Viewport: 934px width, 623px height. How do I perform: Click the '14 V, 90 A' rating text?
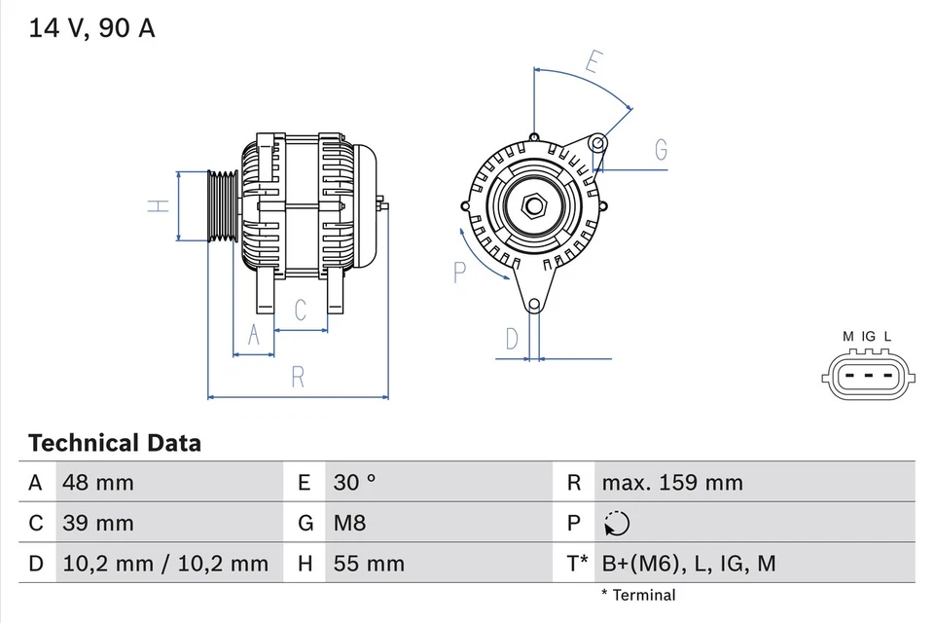point(91,28)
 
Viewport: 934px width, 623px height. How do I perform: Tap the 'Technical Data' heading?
point(115,443)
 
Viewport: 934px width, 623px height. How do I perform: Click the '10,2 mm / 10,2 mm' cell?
point(164,563)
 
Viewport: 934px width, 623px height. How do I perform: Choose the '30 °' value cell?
point(355,482)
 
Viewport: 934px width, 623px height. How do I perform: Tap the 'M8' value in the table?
point(350,523)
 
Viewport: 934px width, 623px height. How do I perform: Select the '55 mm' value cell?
point(369,563)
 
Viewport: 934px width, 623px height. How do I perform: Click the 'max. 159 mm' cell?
point(672,482)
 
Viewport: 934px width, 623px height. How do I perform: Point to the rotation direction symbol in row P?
point(616,524)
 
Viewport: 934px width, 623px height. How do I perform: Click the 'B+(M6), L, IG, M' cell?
point(689,563)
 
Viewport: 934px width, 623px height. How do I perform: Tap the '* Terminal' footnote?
point(637,595)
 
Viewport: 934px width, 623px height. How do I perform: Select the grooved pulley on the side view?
point(223,205)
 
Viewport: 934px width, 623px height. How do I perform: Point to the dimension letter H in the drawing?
point(159,205)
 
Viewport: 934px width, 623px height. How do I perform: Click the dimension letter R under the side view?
point(299,377)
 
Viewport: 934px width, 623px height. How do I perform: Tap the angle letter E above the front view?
point(593,61)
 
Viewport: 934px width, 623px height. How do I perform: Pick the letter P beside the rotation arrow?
point(460,272)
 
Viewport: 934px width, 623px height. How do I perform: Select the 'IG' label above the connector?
point(868,337)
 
